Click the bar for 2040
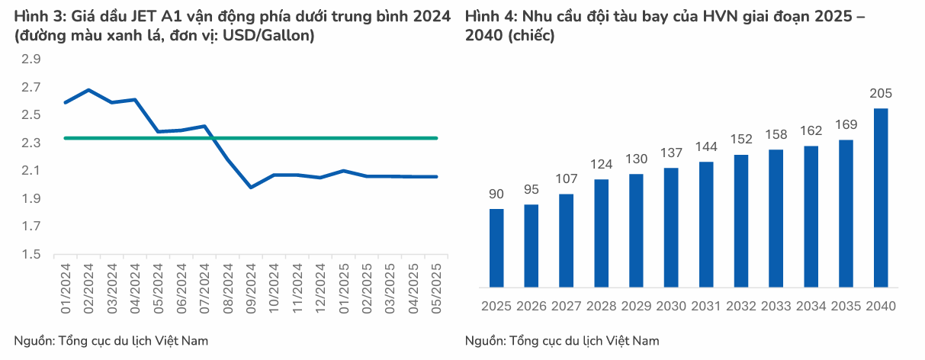(x=880, y=198)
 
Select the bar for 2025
(x=496, y=248)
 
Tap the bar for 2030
(x=671, y=227)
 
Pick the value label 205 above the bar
(x=880, y=94)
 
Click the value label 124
(x=601, y=164)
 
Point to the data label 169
(x=846, y=124)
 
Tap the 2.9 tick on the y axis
(x=31, y=59)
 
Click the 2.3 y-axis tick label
(x=31, y=143)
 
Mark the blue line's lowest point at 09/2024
(x=251, y=187)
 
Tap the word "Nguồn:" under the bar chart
(x=485, y=340)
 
